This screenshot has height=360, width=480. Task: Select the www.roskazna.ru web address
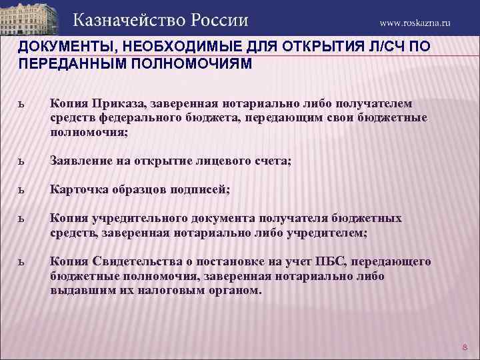point(415,23)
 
